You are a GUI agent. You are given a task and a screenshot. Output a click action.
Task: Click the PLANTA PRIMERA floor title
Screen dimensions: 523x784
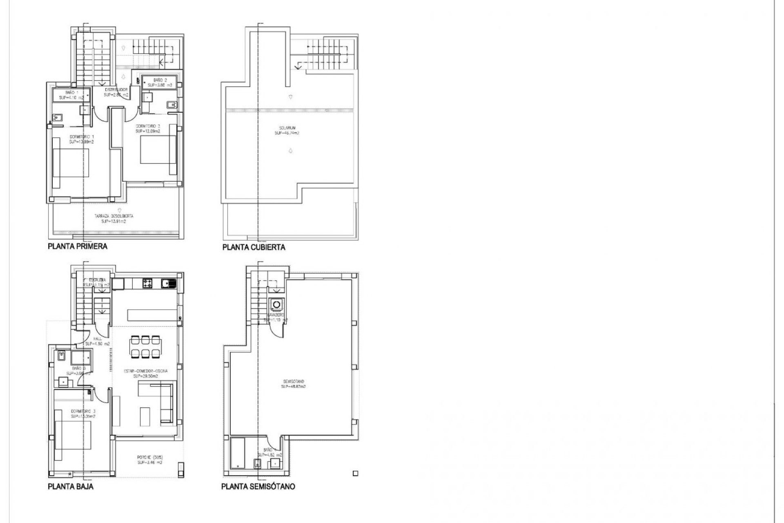pos(78,246)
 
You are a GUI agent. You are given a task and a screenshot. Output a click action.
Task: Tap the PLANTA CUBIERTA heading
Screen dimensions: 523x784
pos(254,247)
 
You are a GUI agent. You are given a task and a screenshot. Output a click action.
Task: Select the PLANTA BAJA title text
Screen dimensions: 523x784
pos(71,486)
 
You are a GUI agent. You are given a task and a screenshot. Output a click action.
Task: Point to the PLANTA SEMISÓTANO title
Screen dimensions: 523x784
pos(258,487)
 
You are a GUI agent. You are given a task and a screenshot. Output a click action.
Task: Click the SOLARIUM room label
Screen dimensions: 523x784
pos(287,130)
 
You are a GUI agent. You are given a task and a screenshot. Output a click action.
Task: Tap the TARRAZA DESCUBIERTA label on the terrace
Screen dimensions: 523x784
pos(114,219)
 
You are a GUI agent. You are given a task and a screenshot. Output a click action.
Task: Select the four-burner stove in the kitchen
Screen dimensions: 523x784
pos(147,283)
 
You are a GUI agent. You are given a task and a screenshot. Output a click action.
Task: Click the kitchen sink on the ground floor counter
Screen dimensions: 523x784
pos(167,283)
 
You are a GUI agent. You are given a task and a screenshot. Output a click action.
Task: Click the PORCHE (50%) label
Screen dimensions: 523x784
pos(150,460)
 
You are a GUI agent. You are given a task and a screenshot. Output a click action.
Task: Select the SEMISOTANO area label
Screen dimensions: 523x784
pos(293,384)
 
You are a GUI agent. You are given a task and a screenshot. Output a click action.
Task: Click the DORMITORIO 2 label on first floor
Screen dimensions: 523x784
pos(148,129)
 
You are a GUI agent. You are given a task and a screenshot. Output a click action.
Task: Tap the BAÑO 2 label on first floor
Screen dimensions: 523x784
pos(160,83)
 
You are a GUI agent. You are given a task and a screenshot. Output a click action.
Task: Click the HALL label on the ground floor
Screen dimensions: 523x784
pos(98,341)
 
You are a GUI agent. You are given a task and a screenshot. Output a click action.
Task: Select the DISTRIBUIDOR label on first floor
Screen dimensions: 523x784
pos(116,92)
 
